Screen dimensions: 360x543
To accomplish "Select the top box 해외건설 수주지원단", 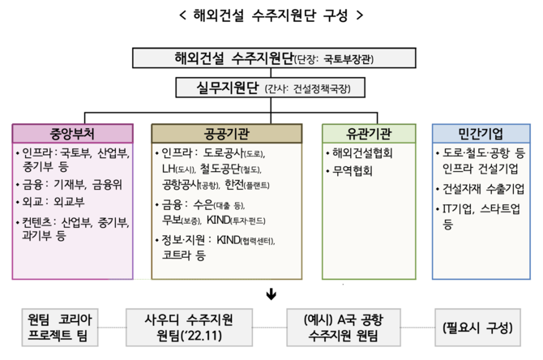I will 272,58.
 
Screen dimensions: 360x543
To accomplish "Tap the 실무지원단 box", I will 272,86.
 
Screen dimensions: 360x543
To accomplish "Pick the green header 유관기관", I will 369,133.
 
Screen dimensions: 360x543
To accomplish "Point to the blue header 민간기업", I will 481,133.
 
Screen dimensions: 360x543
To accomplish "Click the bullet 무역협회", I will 352,171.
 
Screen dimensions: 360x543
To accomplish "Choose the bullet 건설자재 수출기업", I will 483,189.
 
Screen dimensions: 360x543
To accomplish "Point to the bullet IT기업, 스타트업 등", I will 481,215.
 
